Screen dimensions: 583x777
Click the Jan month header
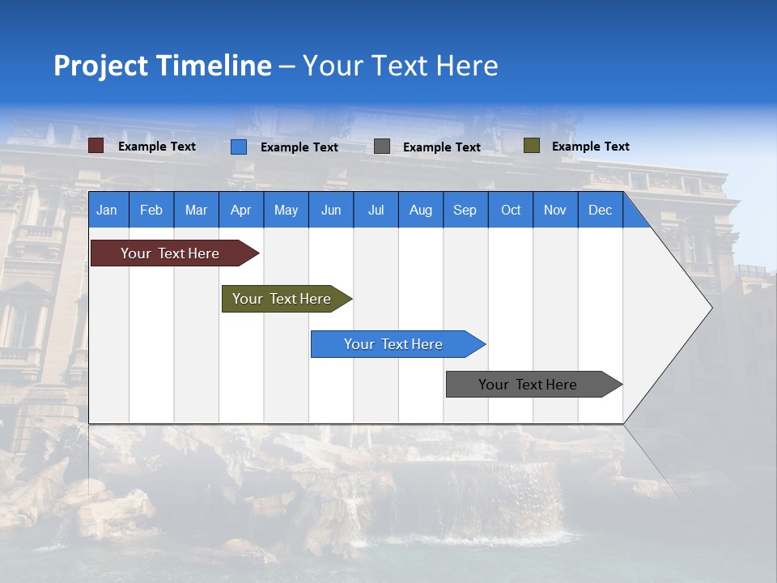pyautogui.click(x=107, y=210)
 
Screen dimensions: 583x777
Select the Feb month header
pyautogui.click(x=151, y=210)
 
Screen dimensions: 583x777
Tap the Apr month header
pyautogui.click(x=240, y=210)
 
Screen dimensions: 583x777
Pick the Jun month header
pyautogui.click(x=331, y=210)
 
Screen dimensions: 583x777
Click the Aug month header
pyautogui.click(x=420, y=210)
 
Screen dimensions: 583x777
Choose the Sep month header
pyautogui.click(x=465, y=210)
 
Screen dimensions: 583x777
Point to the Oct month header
pyautogui.click(x=511, y=210)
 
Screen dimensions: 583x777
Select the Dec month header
pyautogui.click(x=600, y=210)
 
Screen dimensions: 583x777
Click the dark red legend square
pyautogui.click(x=96, y=146)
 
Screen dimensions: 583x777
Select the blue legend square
pyautogui.click(x=239, y=147)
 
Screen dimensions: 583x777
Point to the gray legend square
pyautogui.click(x=382, y=147)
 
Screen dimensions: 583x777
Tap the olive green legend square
pyautogui.click(x=532, y=146)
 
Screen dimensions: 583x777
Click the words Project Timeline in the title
pyautogui.click(x=163, y=66)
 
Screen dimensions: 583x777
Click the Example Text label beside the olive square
pyautogui.click(x=590, y=146)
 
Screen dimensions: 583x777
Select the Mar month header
pyautogui.click(x=196, y=210)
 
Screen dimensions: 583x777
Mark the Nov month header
pyautogui.click(x=554, y=210)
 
